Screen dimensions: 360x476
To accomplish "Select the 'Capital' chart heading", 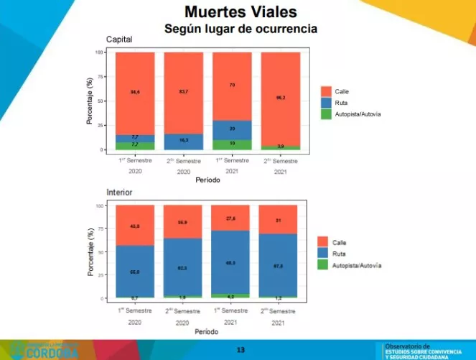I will [x=119, y=39].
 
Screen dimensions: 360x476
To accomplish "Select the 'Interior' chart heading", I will [x=119, y=193].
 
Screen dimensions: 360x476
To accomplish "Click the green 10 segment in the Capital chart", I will [x=231, y=144].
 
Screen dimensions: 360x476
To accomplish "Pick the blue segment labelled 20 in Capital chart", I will [x=231, y=129].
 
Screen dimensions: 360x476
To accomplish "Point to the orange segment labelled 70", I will [x=231, y=86].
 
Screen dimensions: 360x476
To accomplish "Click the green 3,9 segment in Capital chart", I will [x=280, y=147].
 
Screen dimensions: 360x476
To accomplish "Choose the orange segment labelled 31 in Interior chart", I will [x=280, y=219].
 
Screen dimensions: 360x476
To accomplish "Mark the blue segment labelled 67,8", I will [x=280, y=266].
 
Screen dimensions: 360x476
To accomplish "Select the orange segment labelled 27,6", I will [x=231, y=217].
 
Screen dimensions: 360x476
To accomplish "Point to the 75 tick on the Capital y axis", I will [x=100, y=76].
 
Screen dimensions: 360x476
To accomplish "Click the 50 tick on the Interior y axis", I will [x=100, y=252].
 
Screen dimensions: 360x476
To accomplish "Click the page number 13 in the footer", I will [x=241, y=350].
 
